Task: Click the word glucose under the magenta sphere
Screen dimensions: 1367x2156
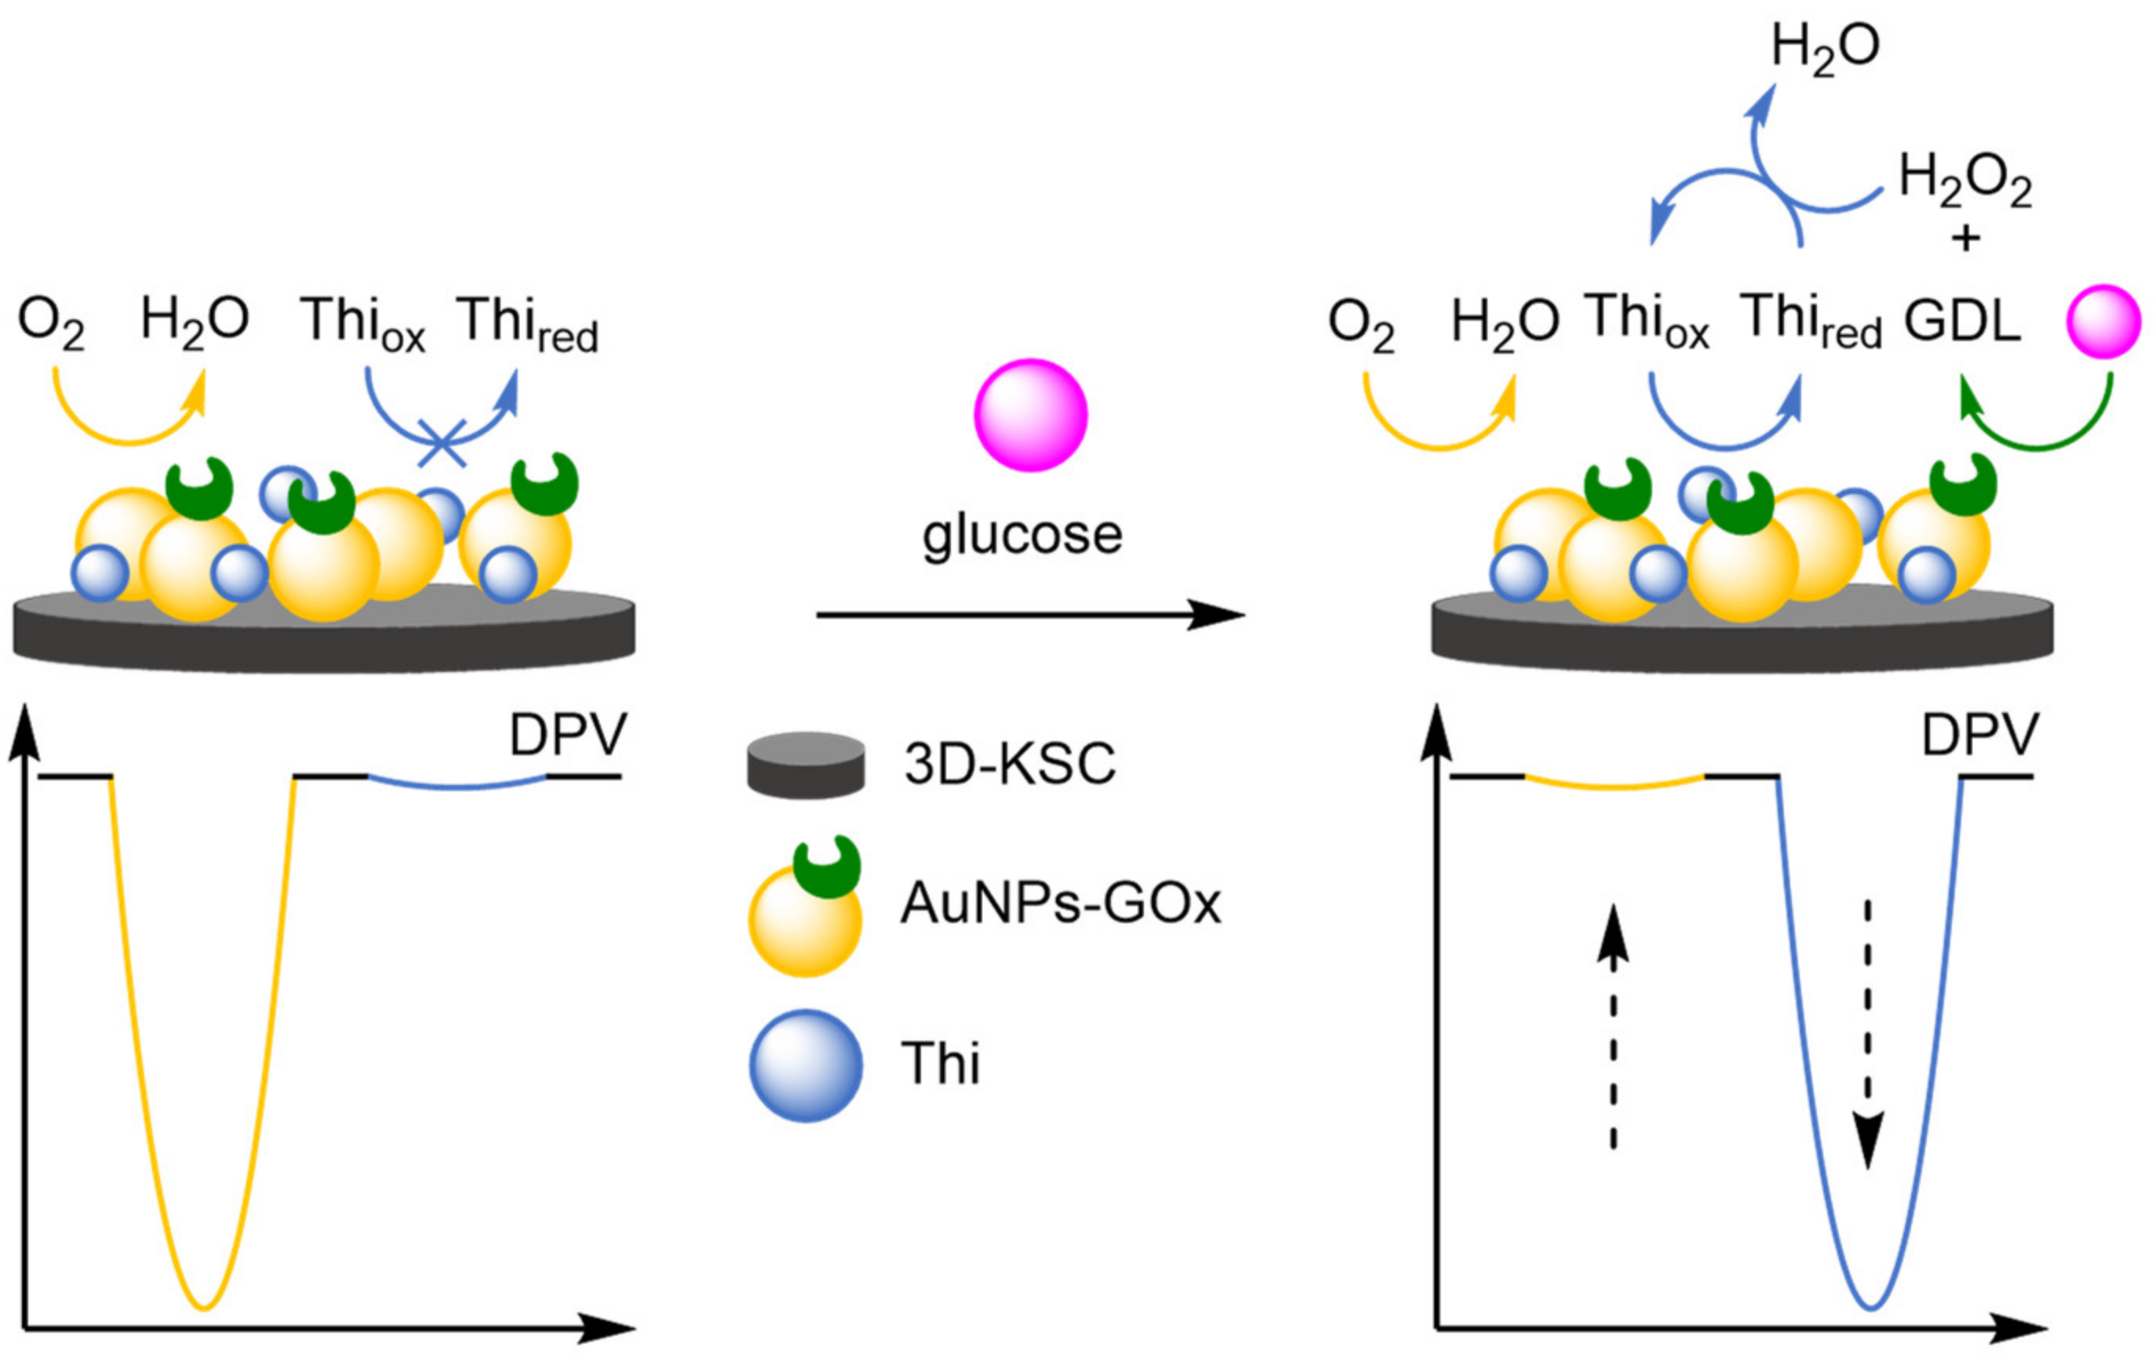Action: click(x=1022, y=536)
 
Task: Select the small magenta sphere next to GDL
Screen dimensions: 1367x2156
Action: click(x=2103, y=322)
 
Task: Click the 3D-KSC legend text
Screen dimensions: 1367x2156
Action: click(x=1010, y=764)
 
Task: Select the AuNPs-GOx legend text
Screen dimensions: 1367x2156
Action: click(x=1060, y=903)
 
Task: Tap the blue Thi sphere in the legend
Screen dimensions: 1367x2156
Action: click(x=806, y=1065)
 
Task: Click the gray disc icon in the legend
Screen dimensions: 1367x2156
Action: click(x=806, y=765)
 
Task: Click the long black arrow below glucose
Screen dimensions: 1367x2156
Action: click(x=1029, y=615)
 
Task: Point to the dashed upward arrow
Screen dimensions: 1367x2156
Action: click(x=1612, y=1038)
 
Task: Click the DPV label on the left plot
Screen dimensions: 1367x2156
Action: click(x=568, y=736)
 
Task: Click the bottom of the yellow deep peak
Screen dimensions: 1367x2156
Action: click(x=205, y=1308)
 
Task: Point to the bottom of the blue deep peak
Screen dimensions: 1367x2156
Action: click(x=1870, y=1308)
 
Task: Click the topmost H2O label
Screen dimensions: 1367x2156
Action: click(x=1826, y=47)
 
